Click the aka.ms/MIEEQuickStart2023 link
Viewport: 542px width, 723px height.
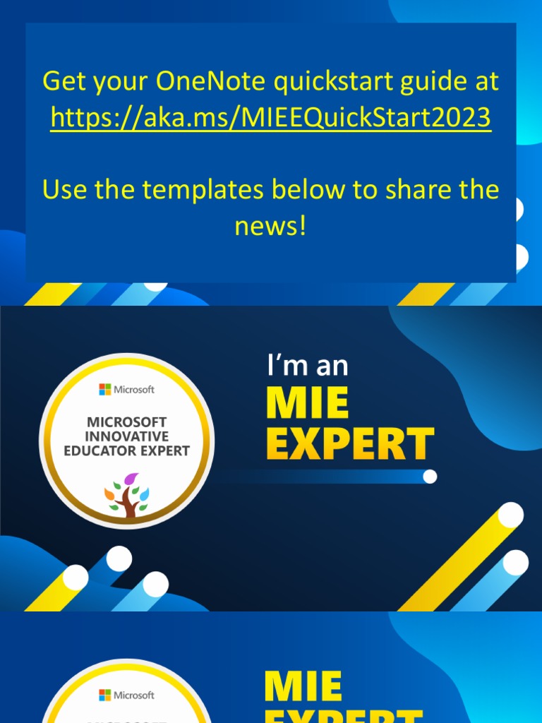point(270,117)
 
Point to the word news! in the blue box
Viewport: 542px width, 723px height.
point(270,226)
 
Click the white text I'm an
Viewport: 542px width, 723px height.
point(308,366)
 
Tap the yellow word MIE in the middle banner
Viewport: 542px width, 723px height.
point(307,404)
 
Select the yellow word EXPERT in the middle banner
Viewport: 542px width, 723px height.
point(350,444)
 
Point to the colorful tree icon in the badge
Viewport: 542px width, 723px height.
point(127,494)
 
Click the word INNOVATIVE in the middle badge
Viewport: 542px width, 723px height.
point(127,436)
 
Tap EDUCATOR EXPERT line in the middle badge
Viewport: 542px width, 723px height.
point(127,450)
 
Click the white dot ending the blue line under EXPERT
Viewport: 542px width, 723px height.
point(430,477)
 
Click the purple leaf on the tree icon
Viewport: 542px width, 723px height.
point(131,479)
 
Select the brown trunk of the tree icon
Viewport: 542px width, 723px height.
point(128,503)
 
